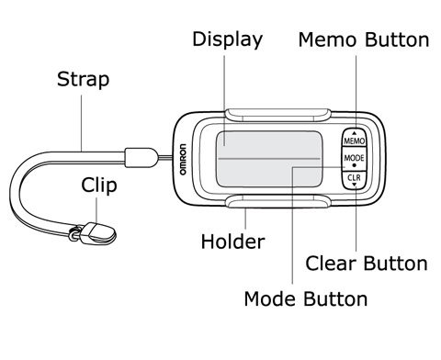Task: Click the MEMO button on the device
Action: coord(354,139)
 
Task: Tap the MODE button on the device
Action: coord(354,159)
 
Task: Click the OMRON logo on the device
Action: coord(183,159)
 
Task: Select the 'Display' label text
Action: coord(228,39)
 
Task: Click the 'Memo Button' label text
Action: coord(364,39)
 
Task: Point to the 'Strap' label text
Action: coord(83,79)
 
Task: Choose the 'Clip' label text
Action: coord(99,186)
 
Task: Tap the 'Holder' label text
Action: coord(232,242)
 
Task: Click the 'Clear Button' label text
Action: coord(367,264)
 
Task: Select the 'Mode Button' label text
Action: coord(306,298)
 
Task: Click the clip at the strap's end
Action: coord(97,233)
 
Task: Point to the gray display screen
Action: coord(269,159)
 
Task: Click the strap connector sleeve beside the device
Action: coord(141,158)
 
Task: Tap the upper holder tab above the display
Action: coord(278,115)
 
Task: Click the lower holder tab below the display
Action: coord(278,201)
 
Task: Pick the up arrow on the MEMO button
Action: coord(355,133)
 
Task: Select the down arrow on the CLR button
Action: coord(355,185)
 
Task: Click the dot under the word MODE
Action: coord(355,165)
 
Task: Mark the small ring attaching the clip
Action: coord(73,235)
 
